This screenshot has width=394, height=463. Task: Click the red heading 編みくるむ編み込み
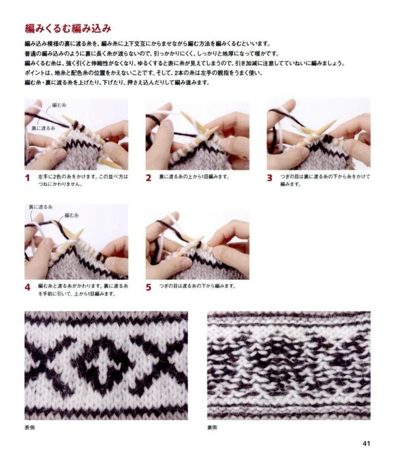(68, 28)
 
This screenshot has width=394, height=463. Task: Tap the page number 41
(366, 443)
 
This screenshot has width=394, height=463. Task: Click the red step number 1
(27, 178)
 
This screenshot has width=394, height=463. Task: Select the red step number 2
(149, 178)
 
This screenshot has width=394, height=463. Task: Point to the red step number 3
(269, 178)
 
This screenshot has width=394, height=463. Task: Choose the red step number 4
(27, 287)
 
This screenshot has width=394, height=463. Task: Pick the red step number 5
(149, 287)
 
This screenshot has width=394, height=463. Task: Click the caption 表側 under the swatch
(29, 427)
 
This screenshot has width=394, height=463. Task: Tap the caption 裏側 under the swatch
(212, 427)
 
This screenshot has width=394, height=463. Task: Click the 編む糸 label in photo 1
(59, 105)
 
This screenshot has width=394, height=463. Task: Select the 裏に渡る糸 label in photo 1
(44, 128)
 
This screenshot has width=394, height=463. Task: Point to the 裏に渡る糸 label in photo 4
(40, 207)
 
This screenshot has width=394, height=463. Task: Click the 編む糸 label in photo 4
(71, 216)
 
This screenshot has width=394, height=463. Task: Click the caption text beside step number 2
(194, 177)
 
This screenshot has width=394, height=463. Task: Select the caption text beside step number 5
(197, 286)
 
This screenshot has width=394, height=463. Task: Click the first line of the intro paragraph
(148, 44)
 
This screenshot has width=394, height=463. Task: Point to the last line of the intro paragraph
(117, 83)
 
